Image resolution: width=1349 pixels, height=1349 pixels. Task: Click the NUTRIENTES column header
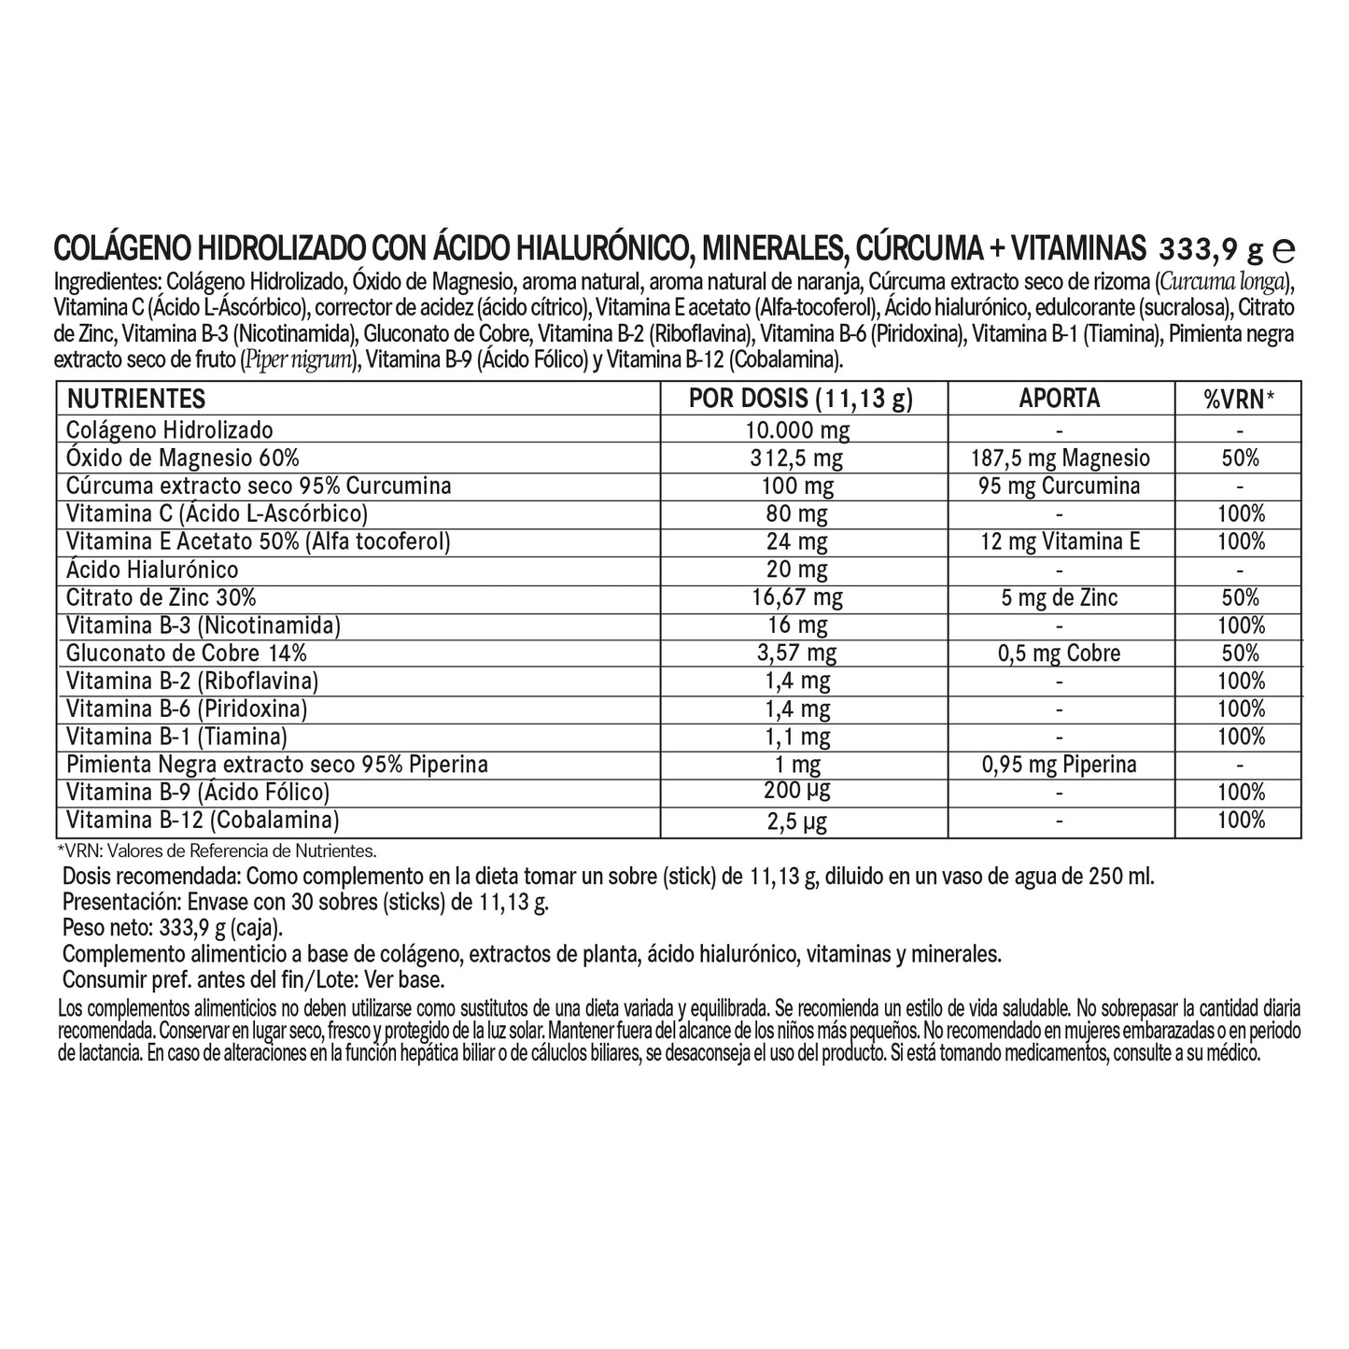coord(135,399)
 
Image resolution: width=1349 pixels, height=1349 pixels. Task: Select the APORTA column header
coord(1060,399)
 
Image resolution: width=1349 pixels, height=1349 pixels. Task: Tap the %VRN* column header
coord(1238,400)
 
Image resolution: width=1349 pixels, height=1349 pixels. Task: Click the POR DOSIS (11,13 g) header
coord(800,399)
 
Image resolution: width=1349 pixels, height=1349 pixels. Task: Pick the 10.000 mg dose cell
coord(800,430)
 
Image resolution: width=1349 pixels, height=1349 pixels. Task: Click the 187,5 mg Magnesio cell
coord(1060,458)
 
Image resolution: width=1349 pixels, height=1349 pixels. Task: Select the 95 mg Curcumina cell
coord(1060,486)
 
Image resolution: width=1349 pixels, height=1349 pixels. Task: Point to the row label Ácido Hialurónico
coord(152,569)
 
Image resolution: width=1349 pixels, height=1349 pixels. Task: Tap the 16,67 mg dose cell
coord(800,597)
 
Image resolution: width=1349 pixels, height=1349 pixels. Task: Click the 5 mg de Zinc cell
coord(1060,597)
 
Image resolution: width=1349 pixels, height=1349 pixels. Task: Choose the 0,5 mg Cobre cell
coord(1060,653)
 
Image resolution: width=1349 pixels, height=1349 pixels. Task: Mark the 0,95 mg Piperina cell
coord(1060,766)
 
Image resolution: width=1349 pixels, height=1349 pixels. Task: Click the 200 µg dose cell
coord(800,792)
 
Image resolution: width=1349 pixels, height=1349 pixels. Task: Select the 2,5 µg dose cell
coord(800,822)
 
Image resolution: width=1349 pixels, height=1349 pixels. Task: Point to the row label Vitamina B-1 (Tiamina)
coord(176,737)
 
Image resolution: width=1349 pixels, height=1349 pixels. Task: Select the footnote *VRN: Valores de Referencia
coord(216,850)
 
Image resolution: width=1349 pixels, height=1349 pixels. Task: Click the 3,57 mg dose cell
coord(800,653)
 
